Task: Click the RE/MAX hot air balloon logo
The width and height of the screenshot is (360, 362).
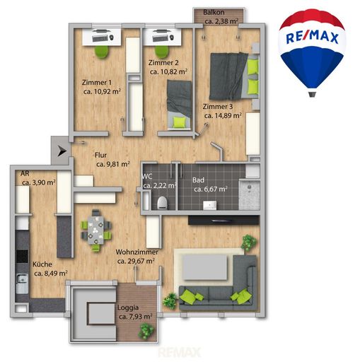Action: tap(312, 52)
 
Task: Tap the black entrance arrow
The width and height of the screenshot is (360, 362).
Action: tap(62, 151)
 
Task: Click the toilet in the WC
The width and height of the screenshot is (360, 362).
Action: tap(162, 202)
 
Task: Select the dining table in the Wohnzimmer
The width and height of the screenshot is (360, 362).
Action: tap(95, 230)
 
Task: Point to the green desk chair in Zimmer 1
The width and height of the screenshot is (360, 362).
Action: tap(102, 51)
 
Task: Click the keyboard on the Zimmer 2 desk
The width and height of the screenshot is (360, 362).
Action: tap(161, 37)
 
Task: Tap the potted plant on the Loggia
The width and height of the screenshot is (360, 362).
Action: tap(146, 330)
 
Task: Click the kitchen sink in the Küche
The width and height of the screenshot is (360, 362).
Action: tap(22, 284)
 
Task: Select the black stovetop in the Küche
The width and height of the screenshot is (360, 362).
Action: tap(22, 256)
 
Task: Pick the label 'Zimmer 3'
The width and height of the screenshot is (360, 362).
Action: tap(218, 107)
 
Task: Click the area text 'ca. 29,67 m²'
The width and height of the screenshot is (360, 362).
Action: tap(136, 261)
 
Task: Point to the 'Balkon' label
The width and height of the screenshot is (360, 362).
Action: tap(214, 12)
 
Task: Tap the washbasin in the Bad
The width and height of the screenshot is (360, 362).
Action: tap(209, 205)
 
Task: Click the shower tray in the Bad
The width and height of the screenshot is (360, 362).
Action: tap(250, 194)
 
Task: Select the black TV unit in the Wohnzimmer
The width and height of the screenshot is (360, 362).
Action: tap(223, 221)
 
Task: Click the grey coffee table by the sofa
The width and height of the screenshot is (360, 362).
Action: tap(205, 268)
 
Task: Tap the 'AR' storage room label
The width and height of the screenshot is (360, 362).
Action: tap(25, 174)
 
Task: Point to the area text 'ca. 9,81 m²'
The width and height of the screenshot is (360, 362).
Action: tap(113, 164)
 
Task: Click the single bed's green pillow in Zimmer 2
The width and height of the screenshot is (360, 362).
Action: tap(179, 122)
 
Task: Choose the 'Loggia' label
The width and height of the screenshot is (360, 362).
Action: tap(128, 308)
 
